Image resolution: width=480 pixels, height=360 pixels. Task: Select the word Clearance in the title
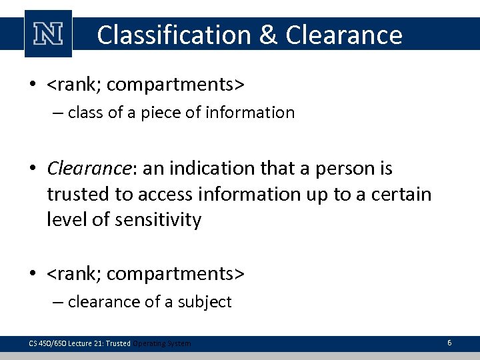[344, 35]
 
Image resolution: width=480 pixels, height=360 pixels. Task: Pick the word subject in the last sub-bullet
[204, 302]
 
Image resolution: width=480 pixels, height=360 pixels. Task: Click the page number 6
[449, 343]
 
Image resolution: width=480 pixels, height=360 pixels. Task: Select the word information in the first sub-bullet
[253, 113]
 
